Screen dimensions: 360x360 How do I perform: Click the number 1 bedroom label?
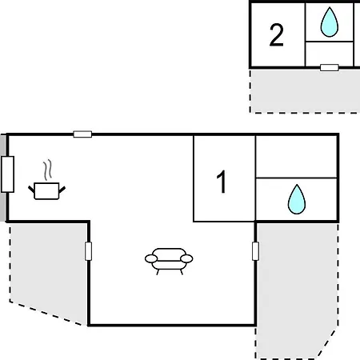point(222,182)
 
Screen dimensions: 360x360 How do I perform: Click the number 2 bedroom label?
point(276,35)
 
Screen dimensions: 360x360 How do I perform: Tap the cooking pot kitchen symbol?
point(46,190)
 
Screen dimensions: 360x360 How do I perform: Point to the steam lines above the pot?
point(48,170)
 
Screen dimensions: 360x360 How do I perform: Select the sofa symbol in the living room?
point(169,261)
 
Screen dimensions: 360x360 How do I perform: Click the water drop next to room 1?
point(297,199)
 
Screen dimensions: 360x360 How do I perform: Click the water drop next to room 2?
point(330,22)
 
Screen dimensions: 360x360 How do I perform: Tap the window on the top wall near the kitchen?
point(82,134)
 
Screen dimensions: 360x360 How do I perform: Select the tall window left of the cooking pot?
point(7,174)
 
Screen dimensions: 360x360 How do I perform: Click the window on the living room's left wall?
point(88,251)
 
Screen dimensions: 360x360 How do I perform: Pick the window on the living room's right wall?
point(255,251)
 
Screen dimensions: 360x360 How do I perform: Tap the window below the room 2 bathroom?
point(330,67)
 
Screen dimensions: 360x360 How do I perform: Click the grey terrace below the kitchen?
point(48,270)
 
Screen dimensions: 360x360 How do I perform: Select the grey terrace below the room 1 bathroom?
point(296,288)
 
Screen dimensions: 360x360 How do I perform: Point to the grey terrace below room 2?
point(305,90)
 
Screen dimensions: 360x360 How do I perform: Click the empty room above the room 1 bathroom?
point(296,157)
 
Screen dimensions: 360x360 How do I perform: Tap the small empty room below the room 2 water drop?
point(330,54)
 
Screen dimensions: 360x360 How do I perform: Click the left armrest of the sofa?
point(151,258)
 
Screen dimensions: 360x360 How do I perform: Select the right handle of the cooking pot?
point(62,190)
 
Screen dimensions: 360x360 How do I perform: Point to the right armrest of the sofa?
point(186,258)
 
